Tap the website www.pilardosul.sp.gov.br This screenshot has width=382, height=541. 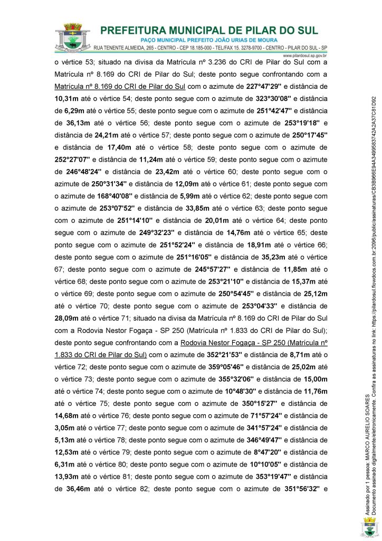point(306,54)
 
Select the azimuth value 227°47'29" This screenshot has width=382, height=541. point(269,86)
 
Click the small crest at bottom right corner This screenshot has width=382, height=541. point(368,527)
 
